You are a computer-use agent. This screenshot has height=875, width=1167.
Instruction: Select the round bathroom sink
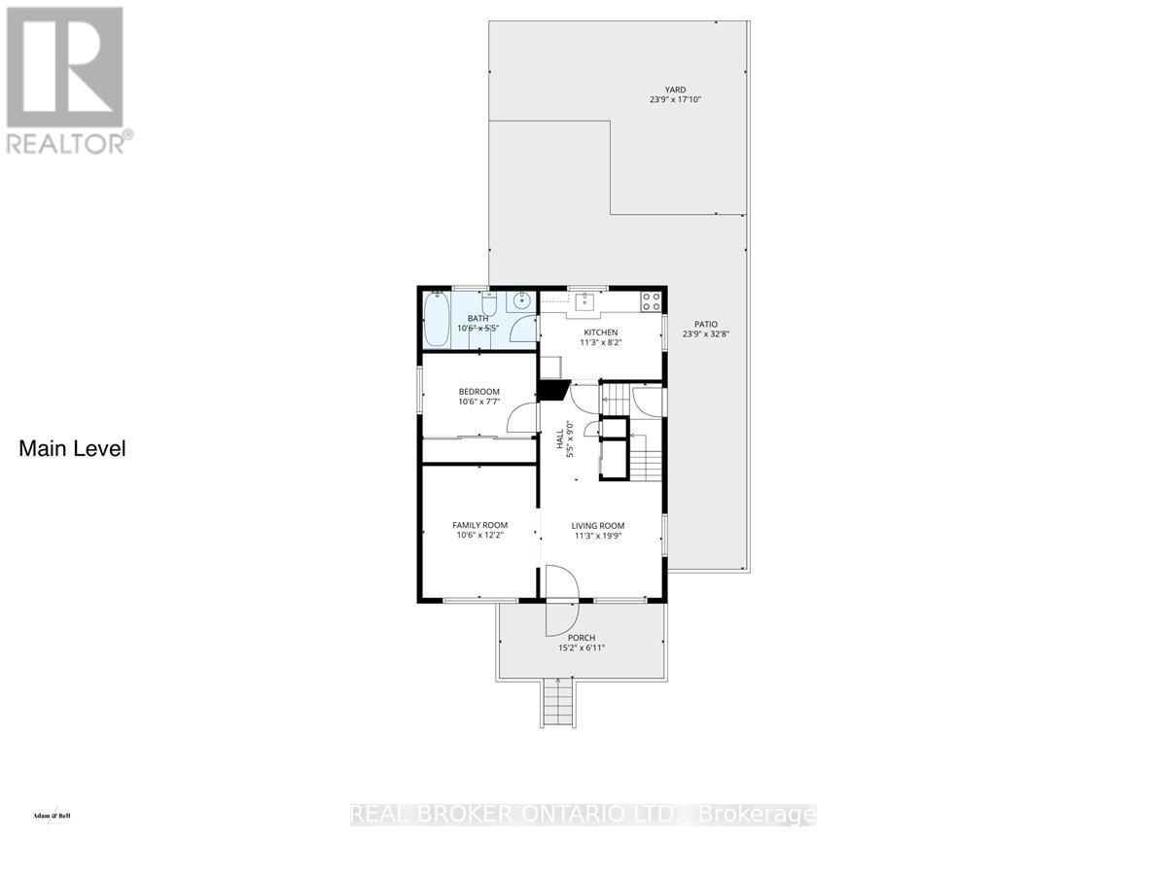[521, 300]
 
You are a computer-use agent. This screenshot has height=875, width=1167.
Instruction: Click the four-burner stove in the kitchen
[651, 300]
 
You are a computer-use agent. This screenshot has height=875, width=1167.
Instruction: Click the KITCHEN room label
[600, 332]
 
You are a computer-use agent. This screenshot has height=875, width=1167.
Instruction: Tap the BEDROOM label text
[478, 392]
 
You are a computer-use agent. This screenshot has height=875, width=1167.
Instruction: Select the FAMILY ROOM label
[479, 525]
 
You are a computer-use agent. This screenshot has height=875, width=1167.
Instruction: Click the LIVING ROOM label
[597, 525]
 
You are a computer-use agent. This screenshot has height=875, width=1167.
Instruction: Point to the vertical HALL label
[560, 439]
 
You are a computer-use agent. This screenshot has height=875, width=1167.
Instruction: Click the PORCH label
[582, 638]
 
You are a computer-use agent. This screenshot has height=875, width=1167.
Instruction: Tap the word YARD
[675, 90]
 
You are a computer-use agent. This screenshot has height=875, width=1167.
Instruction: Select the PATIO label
[706, 325]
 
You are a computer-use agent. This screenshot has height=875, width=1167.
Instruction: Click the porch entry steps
[552, 703]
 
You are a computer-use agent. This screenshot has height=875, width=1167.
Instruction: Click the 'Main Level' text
[73, 449]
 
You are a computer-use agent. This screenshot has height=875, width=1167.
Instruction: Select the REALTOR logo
[65, 78]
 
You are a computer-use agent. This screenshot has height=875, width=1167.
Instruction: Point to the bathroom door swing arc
[525, 331]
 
